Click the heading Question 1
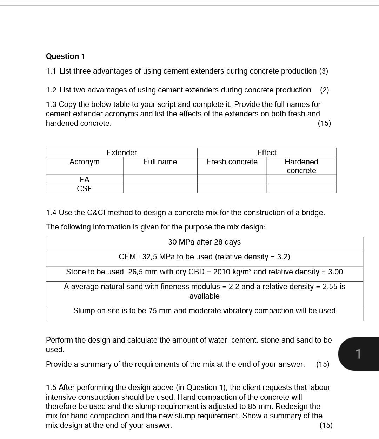click(x=65, y=56)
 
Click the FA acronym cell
click(x=84, y=179)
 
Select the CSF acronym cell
click(x=84, y=188)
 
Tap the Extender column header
click(x=121, y=152)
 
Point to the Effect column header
click(x=267, y=152)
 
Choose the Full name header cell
click(x=160, y=162)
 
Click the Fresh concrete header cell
click(x=232, y=162)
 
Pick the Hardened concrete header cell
click(x=301, y=166)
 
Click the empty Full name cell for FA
click(x=160, y=179)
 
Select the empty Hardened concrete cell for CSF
click(x=301, y=188)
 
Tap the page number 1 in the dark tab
click(x=358, y=354)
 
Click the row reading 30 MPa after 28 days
click(x=204, y=242)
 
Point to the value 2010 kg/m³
click(x=228, y=272)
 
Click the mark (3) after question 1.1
click(x=324, y=71)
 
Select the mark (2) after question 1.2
click(x=325, y=90)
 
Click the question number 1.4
click(x=51, y=213)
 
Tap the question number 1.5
click(x=51, y=387)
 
